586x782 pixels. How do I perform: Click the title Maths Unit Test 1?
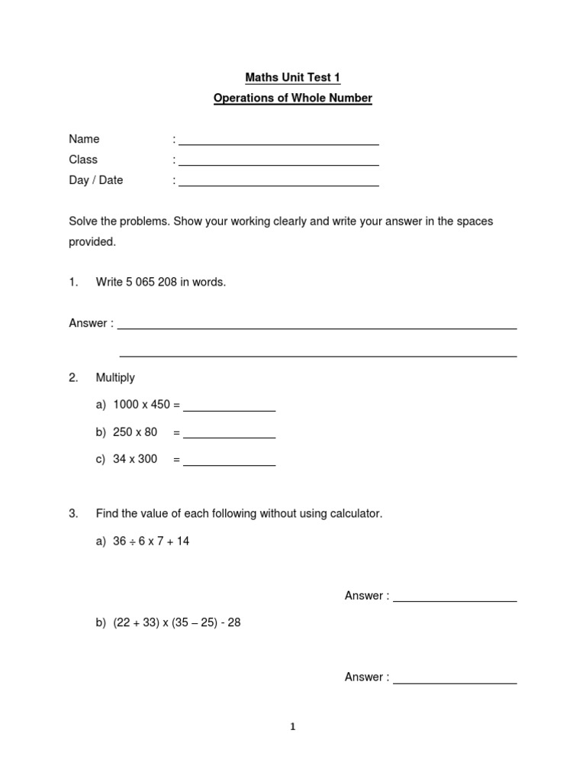[x=292, y=77]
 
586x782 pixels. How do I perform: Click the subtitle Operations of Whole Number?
[x=292, y=99]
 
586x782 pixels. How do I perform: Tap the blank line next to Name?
[x=279, y=144]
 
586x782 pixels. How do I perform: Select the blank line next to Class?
[x=279, y=164]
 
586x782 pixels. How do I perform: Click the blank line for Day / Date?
[x=279, y=185]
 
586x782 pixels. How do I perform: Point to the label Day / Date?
[x=95, y=180]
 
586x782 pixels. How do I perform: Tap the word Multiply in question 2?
[x=115, y=377]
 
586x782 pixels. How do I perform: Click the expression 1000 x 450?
[x=141, y=405]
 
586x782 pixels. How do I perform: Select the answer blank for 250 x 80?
[x=229, y=438]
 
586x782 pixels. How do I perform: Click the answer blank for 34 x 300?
[x=229, y=465]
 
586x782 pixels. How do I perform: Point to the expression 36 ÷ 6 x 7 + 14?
[x=151, y=541]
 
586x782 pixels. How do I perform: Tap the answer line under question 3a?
[x=455, y=601]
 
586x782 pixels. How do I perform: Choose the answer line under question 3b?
[x=455, y=682]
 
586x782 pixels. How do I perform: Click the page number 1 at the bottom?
[x=292, y=727]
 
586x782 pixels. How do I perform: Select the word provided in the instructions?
[x=92, y=242]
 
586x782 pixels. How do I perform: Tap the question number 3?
[x=73, y=514]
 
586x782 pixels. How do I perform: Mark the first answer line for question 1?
[x=317, y=328]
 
